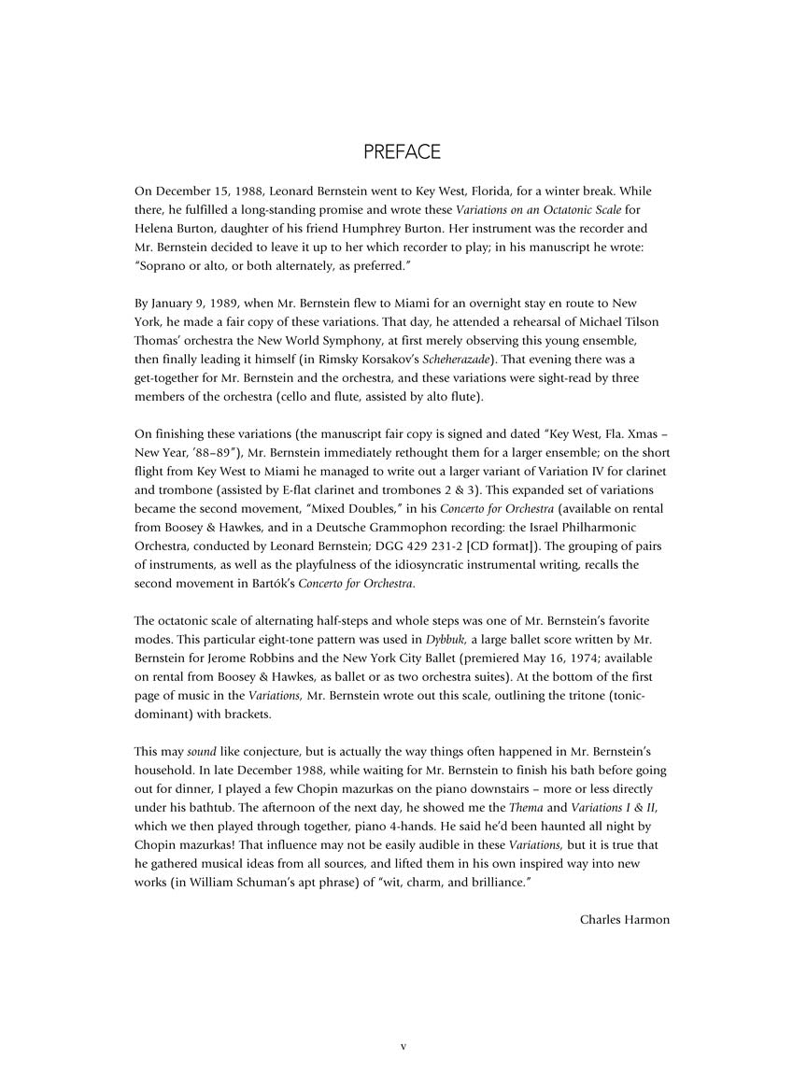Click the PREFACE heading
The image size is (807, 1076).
click(403, 152)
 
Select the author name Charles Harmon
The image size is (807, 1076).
click(625, 919)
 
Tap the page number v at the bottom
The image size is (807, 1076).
click(403, 1046)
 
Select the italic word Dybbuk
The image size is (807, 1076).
click(446, 640)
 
